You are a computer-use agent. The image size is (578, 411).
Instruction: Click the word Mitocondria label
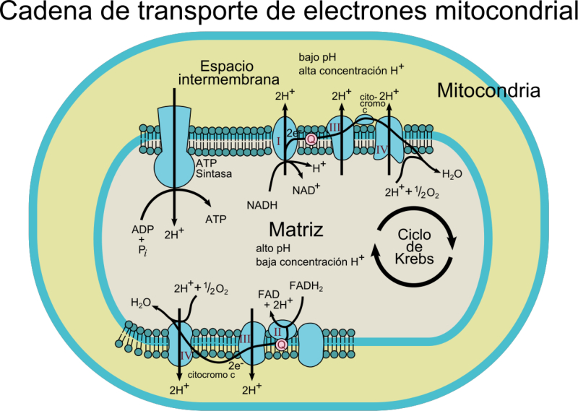[488, 91]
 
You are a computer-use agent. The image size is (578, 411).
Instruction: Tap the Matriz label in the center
[295, 230]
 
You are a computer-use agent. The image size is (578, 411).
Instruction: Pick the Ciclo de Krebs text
[414, 247]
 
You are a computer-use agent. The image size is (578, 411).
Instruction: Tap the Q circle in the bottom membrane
[281, 345]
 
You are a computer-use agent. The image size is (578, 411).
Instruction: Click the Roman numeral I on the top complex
[278, 140]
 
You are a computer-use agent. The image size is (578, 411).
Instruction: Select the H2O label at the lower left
[140, 303]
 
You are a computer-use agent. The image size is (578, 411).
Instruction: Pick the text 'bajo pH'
[318, 56]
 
